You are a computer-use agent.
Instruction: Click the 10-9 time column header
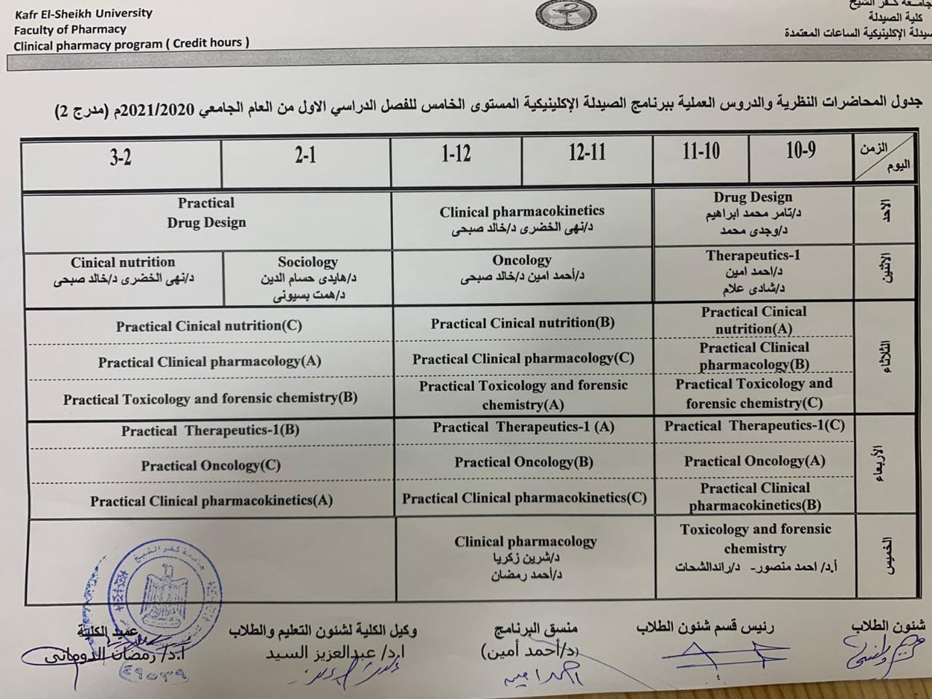[x=800, y=151]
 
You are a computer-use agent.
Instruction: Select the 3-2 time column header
[x=121, y=157]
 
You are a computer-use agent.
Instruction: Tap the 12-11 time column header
[x=587, y=152]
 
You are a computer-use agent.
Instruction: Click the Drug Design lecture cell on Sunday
[x=753, y=213]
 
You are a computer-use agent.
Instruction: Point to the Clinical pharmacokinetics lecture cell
[x=521, y=219]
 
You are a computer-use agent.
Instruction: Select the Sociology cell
[x=307, y=278]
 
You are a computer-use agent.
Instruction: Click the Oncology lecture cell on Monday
[x=521, y=268]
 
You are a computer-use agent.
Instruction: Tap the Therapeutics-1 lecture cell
[x=753, y=272]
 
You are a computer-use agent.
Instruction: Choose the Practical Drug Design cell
[x=206, y=213]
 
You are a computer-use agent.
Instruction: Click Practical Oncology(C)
[x=210, y=465]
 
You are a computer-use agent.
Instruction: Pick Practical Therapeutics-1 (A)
[x=524, y=427]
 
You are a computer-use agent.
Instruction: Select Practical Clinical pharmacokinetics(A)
[x=211, y=500]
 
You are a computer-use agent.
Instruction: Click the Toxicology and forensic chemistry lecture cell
[x=755, y=548]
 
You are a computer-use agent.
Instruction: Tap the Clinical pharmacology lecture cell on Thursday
[x=525, y=557]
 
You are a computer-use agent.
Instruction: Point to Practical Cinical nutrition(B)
[x=522, y=323]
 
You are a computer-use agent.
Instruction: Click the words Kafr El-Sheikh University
[x=83, y=13]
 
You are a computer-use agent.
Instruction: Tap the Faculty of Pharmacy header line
[x=70, y=30]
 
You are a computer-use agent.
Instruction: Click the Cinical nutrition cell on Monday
[x=123, y=270]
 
